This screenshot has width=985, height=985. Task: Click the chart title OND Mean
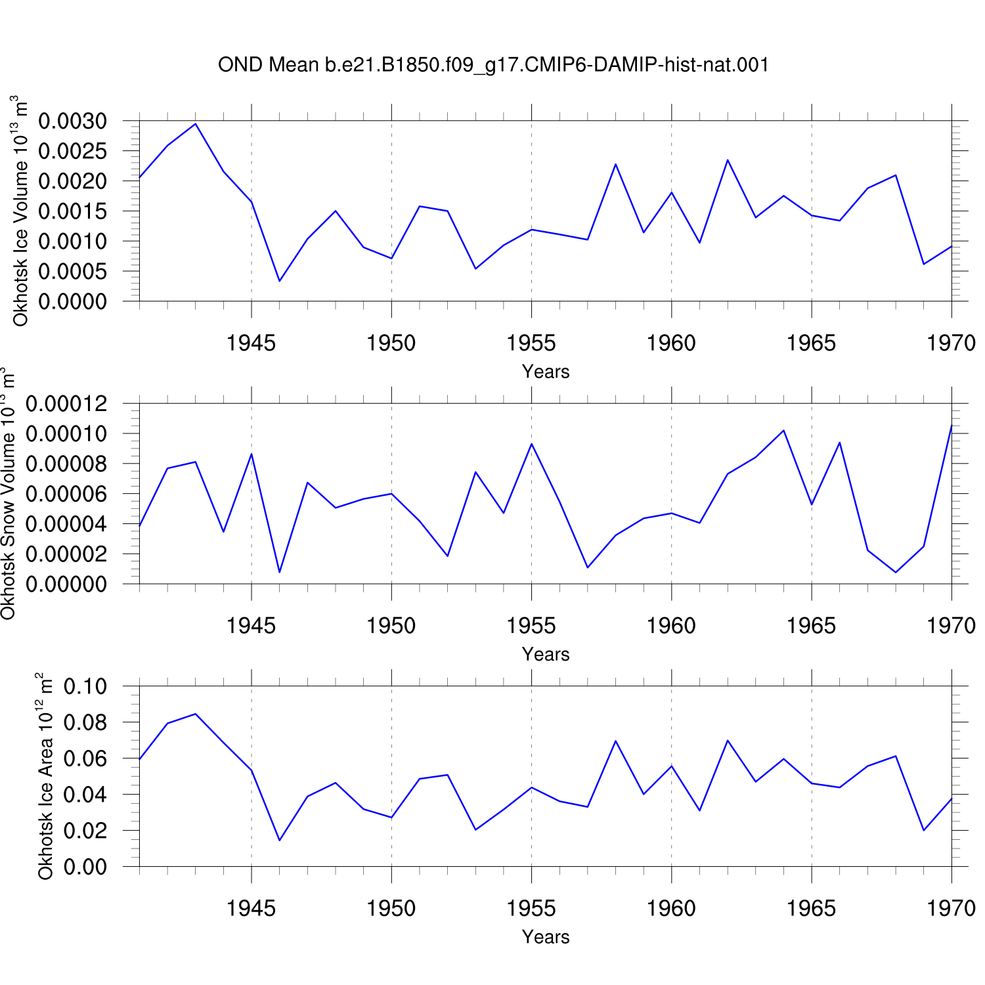click(269, 65)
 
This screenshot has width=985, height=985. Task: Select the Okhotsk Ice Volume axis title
click(20, 210)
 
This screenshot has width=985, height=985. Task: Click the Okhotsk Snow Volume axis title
click(8, 492)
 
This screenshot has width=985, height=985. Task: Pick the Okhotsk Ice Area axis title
click(45, 776)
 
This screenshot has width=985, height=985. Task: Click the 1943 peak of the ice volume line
click(196, 123)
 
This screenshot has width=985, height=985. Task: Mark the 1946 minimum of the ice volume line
click(280, 281)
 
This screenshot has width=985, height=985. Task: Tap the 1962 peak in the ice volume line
click(728, 160)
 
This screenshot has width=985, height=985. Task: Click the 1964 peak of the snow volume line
click(783, 430)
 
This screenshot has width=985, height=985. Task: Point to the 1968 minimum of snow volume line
click(896, 573)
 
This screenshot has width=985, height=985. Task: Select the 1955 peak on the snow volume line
click(531, 444)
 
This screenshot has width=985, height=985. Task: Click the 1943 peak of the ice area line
click(196, 714)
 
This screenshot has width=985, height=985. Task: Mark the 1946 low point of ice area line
click(280, 841)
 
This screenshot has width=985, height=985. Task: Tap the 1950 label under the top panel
click(391, 343)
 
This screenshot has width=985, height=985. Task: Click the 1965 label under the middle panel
click(812, 626)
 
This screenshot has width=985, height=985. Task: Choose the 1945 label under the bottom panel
click(252, 908)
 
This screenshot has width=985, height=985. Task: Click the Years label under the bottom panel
click(546, 936)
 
